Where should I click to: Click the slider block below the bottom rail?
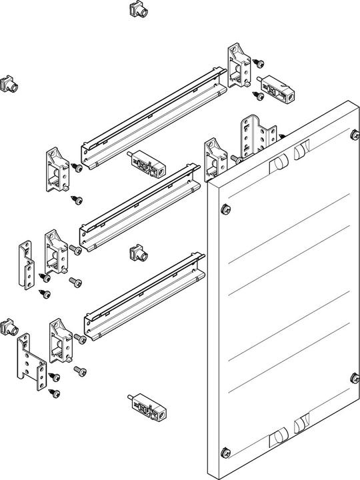pos(148,407)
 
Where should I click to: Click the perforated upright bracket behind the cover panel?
pos(255,138)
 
